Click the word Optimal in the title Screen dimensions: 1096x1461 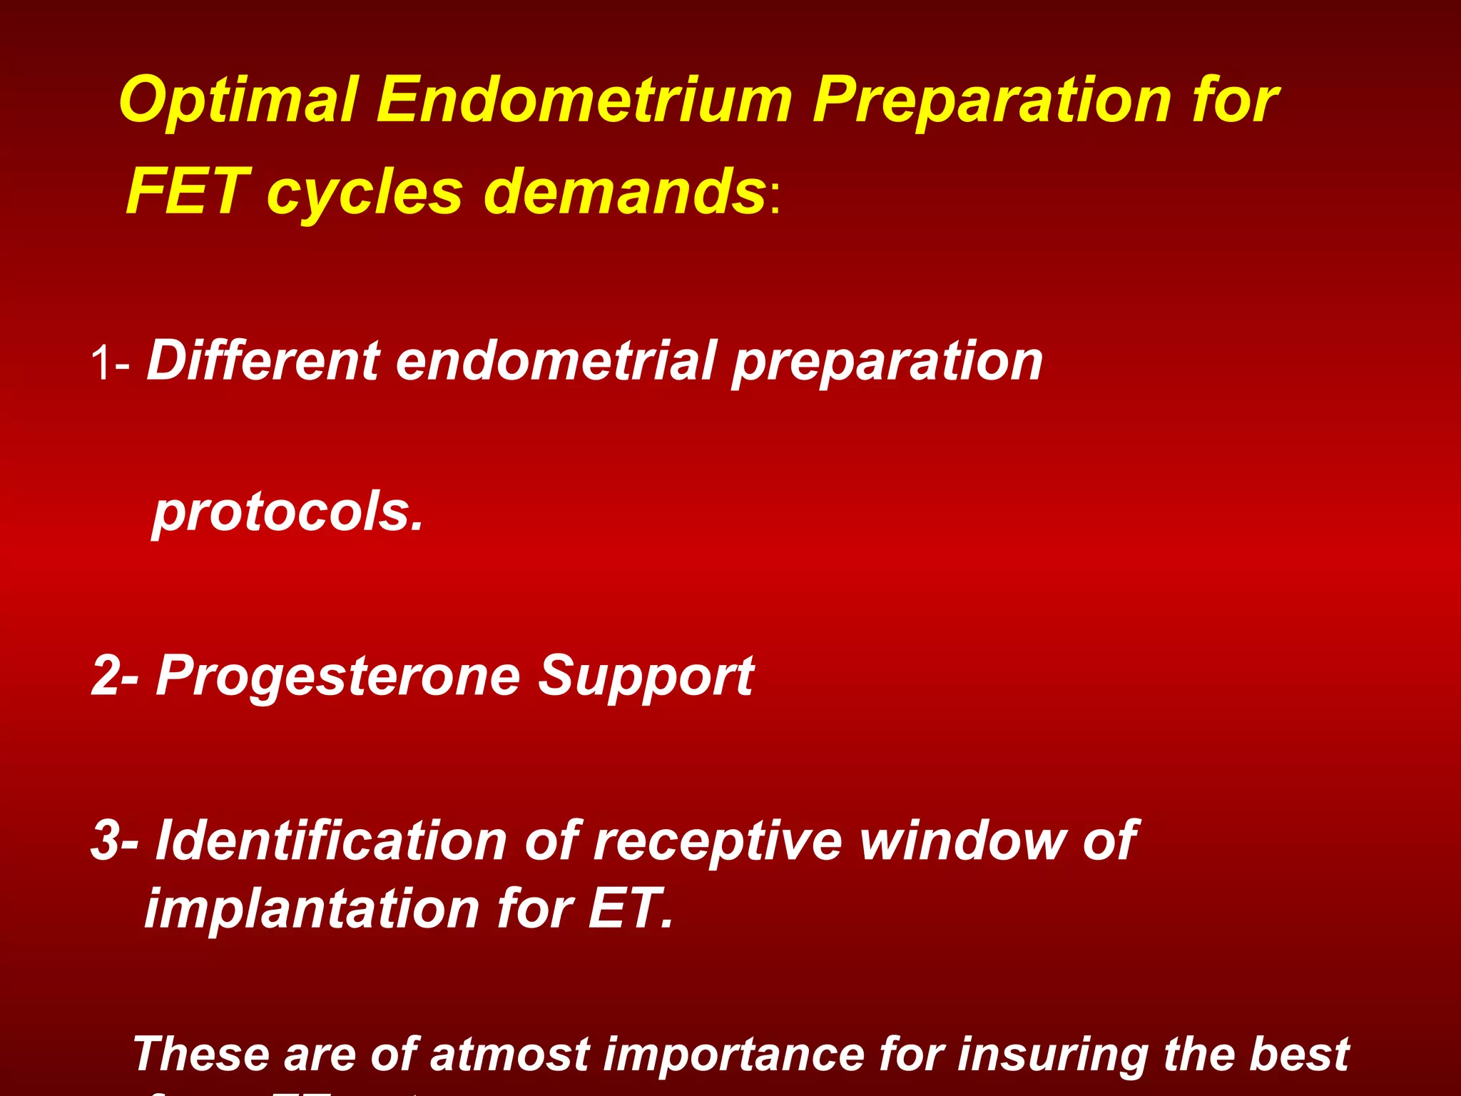coord(238,102)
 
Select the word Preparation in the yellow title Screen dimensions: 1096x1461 coord(992,102)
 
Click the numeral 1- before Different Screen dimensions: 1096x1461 coord(110,364)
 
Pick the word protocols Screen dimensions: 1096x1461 coord(287,513)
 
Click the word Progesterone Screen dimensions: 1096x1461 coord(338,676)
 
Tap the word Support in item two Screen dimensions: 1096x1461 coord(646,676)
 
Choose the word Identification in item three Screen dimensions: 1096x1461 coord(330,841)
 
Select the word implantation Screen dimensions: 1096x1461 coord(312,909)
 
